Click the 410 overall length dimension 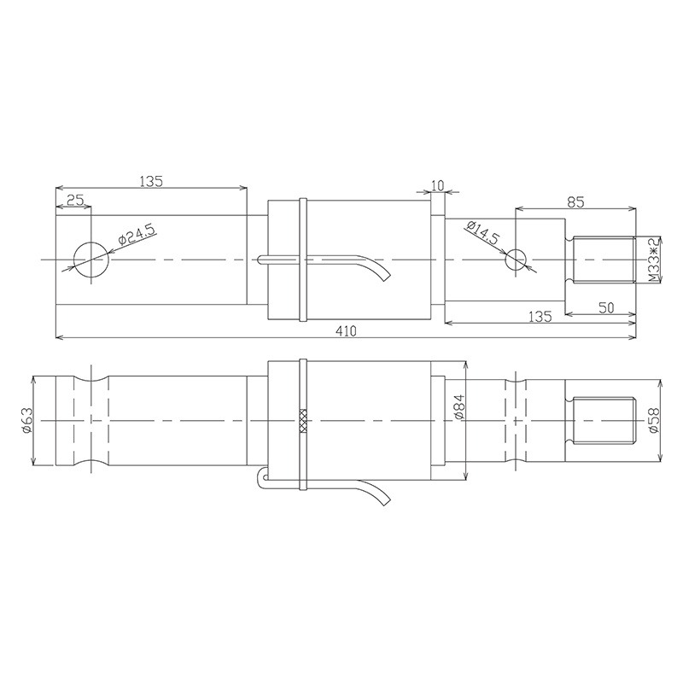[346, 330]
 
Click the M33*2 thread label [652, 260]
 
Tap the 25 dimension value [74, 200]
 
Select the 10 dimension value [438, 185]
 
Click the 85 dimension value [575, 201]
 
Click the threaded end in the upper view [603, 260]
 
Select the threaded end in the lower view [603, 421]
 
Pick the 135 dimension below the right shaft [539, 316]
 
